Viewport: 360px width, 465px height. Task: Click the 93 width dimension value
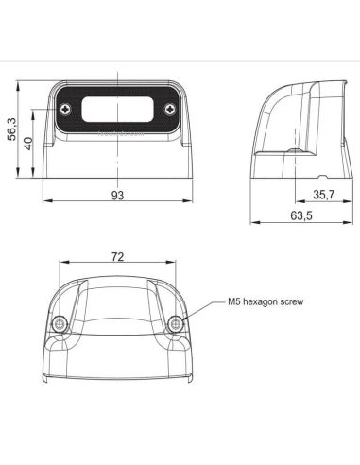coord(118,196)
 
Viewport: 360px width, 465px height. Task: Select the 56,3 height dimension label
coord(11,128)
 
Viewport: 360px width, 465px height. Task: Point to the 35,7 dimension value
coord(324,195)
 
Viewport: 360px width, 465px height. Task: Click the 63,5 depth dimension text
coord(301,217)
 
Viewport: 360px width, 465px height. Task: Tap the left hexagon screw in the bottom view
coord(61,324)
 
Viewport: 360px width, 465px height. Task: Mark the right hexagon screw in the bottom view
coord(176,324)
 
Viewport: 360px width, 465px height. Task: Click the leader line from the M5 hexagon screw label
coord(203,311)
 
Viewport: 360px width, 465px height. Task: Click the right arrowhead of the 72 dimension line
coord(175,264)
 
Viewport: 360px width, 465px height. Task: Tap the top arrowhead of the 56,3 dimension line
coord(19,84)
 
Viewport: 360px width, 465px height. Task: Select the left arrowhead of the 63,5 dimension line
coord(253,223)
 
